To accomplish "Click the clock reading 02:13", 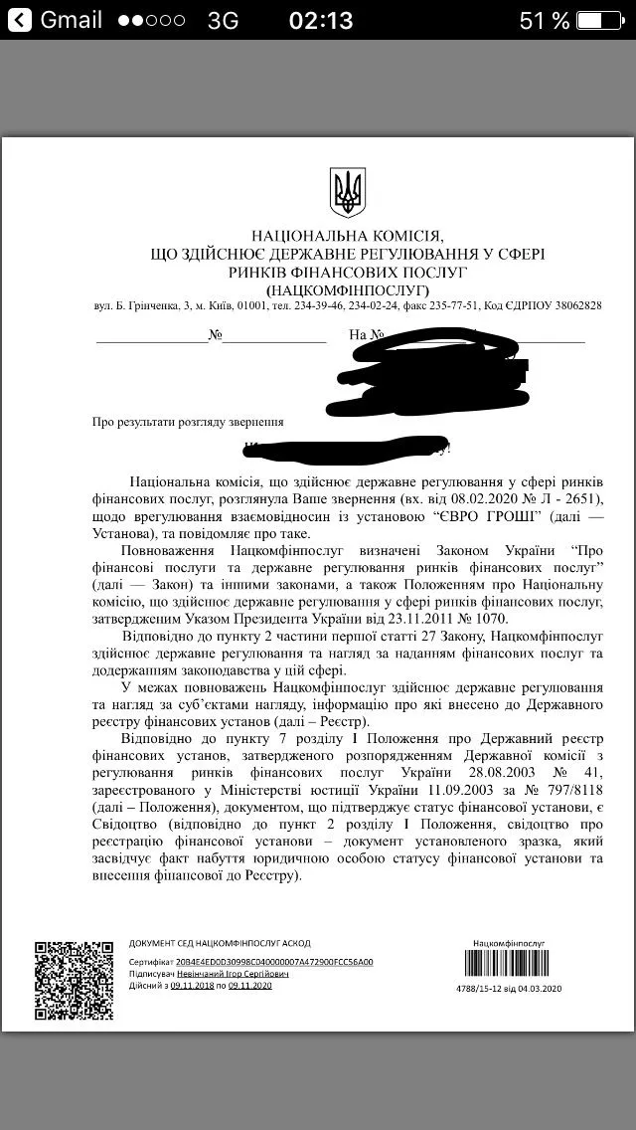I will (320, 20).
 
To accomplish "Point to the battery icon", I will (603, 20).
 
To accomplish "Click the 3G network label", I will (223, 21).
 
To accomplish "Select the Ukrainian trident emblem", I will (347, 192).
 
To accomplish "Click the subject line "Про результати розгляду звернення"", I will (188, 422).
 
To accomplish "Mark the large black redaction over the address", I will (427, 373).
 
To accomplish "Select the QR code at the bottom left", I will (75, 980).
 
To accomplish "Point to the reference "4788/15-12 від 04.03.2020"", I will (509, 988).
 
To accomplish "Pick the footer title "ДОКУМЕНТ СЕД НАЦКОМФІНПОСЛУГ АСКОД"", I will (220, 943).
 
